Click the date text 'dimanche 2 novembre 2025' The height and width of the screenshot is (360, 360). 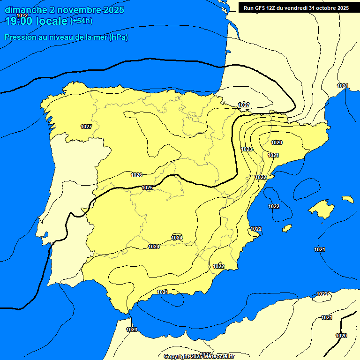64,10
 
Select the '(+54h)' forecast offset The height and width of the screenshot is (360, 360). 81,21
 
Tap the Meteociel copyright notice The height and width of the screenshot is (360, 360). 199,356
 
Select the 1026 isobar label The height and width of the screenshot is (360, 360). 136,175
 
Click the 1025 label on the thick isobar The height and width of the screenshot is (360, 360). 147,187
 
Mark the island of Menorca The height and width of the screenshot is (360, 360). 347,199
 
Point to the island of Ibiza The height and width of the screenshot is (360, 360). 286,228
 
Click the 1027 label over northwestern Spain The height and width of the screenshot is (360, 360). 86,127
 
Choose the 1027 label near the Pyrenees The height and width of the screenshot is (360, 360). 244,105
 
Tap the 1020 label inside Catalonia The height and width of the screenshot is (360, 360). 277,142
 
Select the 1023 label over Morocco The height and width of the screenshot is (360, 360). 132,330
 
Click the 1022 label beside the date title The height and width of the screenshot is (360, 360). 22,15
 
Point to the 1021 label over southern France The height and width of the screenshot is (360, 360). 343,86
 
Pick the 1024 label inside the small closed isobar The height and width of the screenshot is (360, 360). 177,238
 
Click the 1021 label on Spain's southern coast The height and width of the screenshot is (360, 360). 163,292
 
